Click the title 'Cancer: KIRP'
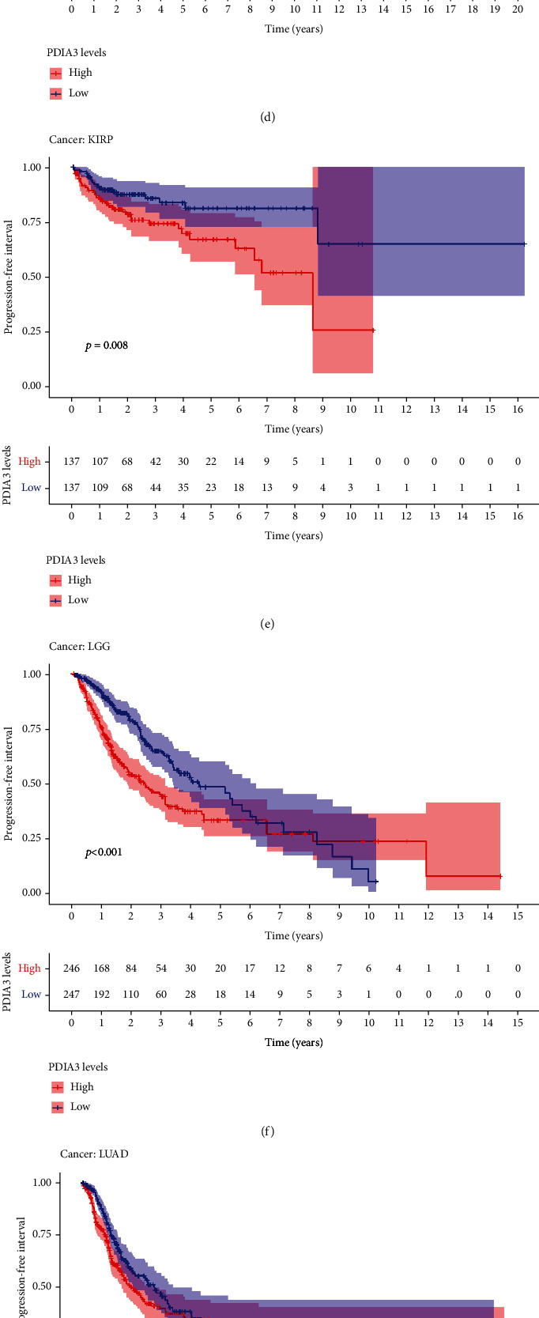click(78, 139)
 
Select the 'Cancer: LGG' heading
click(79, 646)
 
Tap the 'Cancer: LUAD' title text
click(94, 1154)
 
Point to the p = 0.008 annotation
click(107, 346)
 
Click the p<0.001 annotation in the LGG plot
click(104, 852)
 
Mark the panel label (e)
click(267, 624)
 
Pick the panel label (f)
click(267, 1131)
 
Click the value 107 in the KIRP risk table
click(100, 462)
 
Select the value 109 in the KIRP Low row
click(100, 488)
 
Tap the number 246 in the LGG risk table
click(72, 969)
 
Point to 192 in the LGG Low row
click(101, 995)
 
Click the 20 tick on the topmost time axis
click(518, 9)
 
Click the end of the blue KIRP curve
click(525, 244)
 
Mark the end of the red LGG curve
click(500, 876)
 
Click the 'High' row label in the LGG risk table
click(29, 969)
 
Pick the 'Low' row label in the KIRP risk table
click(31, 488)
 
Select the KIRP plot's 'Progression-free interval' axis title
click(9, 277)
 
